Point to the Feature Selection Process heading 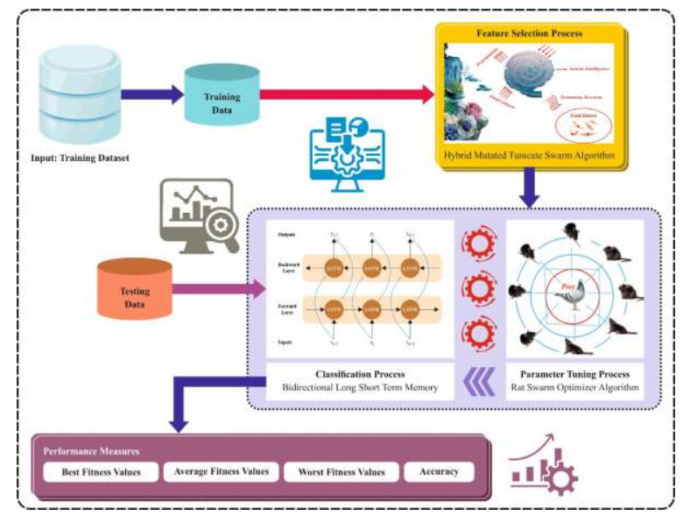click(530, 33)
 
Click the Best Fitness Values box click(102, 471)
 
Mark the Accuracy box click(438, 471)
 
